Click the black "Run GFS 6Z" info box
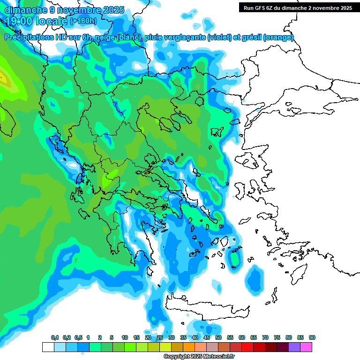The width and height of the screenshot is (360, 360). [x=296, y=7]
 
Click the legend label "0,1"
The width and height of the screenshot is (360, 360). [x=55, y=338]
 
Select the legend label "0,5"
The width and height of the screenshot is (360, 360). [x=78, y=338]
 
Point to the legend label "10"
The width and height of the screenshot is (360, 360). [x=125, y=338]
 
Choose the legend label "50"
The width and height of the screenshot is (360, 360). [x=218, y=338]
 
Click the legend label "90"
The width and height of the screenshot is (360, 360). [x=312, y=338]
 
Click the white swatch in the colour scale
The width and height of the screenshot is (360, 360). [x=48, y=347]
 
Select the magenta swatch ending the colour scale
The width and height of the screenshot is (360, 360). [x=306, y=347]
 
